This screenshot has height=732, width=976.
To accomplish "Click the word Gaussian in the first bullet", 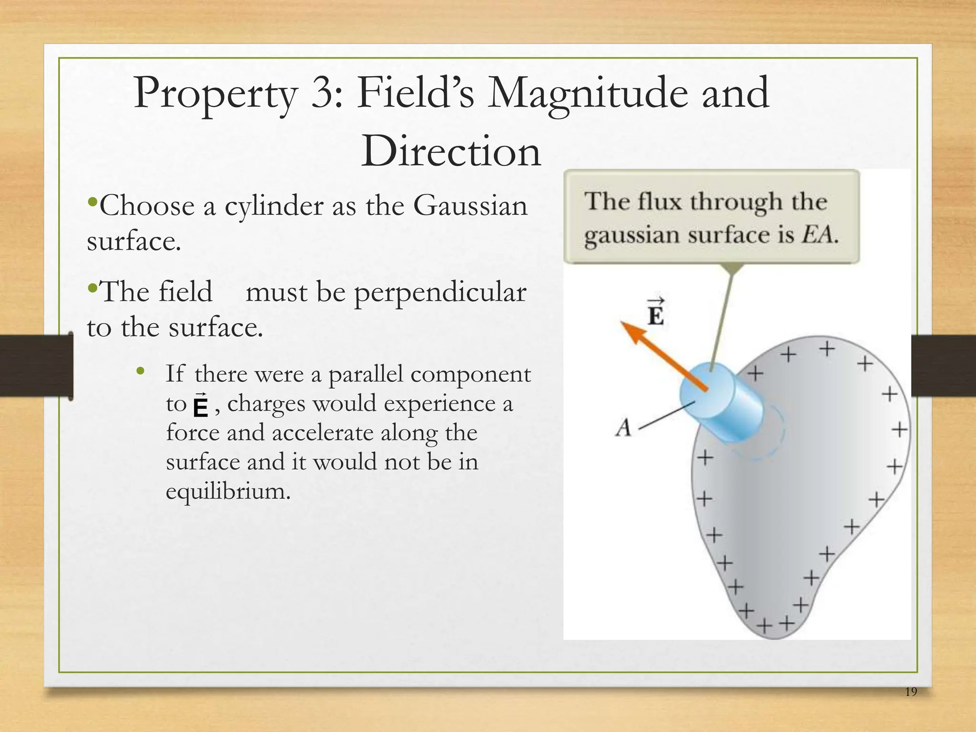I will (x=470, y=206).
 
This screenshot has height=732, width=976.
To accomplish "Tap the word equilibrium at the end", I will (x=228, y=491).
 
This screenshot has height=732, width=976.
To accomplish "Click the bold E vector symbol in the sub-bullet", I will (x=201, y=406).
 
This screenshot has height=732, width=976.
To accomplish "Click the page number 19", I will (x=911, y=705).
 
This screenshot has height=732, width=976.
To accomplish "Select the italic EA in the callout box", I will (x=818, y=234).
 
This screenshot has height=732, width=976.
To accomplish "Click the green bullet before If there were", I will (x=140, y=371).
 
